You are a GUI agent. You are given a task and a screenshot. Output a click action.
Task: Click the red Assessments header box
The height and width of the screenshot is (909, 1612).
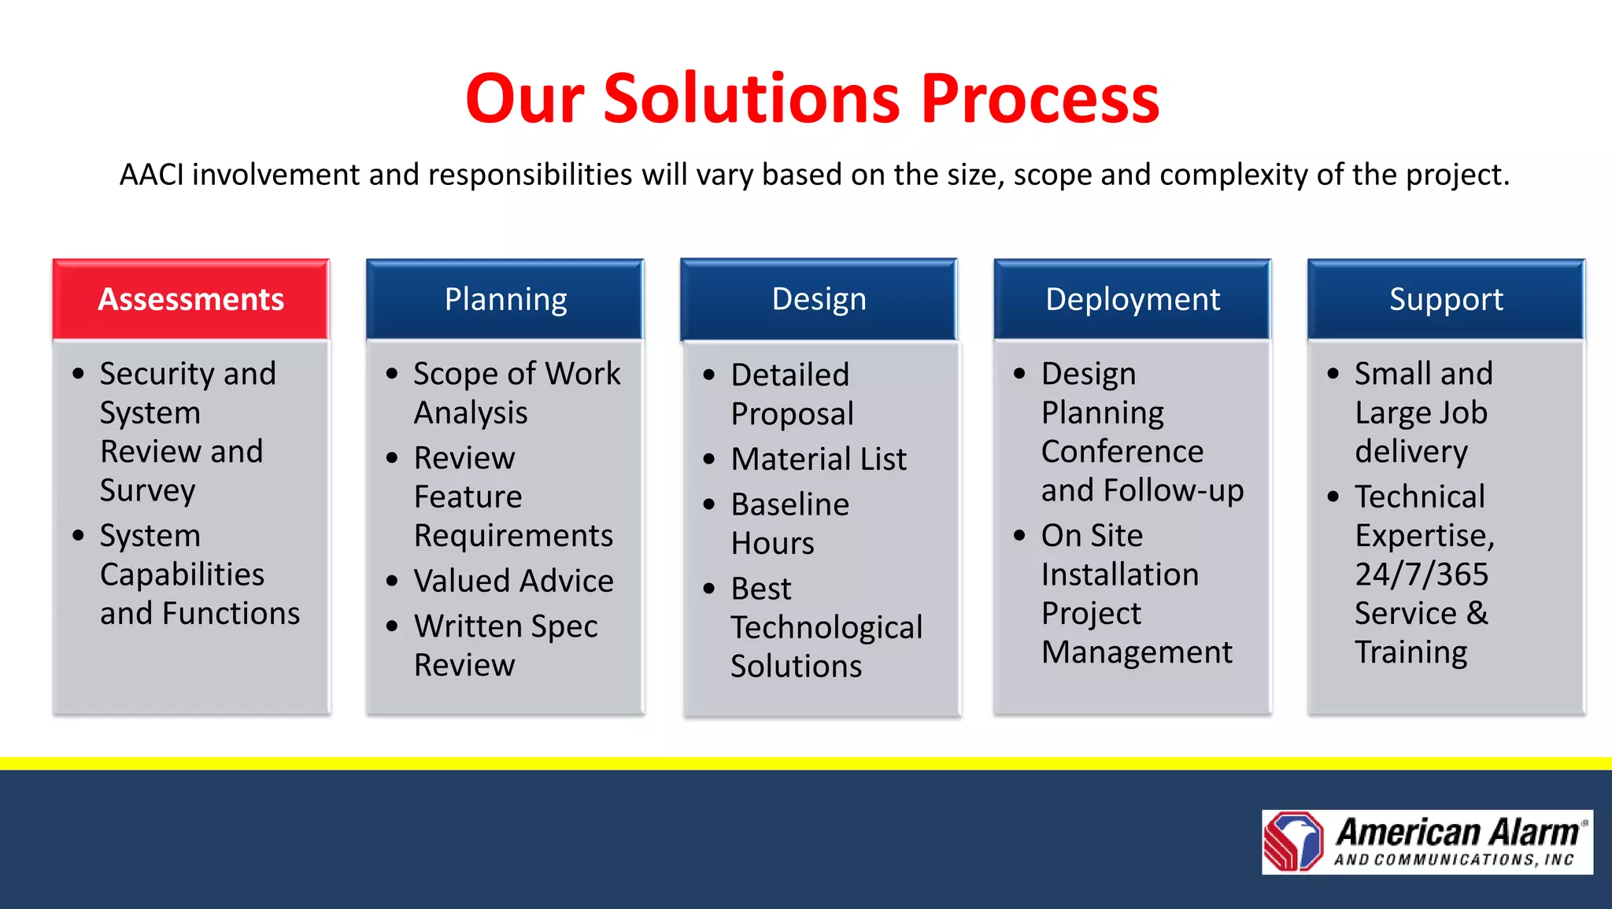click(190, 299)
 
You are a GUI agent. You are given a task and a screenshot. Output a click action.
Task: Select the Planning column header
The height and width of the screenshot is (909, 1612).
click(505, 299)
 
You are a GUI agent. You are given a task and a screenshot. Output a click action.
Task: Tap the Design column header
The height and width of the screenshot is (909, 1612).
click(819, 299)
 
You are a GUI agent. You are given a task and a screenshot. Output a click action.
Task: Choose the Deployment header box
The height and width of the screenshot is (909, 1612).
click(1132, 299)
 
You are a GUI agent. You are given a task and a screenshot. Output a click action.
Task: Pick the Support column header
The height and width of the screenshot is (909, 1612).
click(1446, 299)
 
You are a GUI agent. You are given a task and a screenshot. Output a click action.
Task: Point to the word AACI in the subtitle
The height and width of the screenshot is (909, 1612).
click(151, 175)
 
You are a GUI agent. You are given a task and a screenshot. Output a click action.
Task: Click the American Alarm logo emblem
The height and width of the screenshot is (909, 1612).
click(1293, 841)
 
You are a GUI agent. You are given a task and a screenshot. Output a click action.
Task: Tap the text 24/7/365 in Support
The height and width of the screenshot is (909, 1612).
click(1421, 575)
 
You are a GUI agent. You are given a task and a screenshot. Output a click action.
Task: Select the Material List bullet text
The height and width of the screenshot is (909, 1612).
click(819, 459)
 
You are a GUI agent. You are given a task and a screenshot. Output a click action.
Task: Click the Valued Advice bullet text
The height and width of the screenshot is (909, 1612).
click(513, 581)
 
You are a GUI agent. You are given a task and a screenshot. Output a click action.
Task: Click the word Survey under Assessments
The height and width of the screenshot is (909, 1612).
click(147, 490)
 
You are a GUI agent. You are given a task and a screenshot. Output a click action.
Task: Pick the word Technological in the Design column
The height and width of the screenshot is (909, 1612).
click(826, 627)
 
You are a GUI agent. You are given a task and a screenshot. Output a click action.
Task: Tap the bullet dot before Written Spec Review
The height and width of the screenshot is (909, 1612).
click(393, 626)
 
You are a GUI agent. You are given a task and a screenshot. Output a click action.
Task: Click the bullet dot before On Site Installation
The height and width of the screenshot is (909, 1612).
click(1019, 536)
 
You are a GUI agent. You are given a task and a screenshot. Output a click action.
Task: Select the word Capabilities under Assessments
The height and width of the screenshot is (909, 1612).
click(182, 575)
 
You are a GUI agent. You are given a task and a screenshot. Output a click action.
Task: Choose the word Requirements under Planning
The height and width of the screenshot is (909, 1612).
click(513, 536)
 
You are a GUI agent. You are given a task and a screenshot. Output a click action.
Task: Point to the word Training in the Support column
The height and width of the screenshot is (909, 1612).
click(1410, 652)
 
